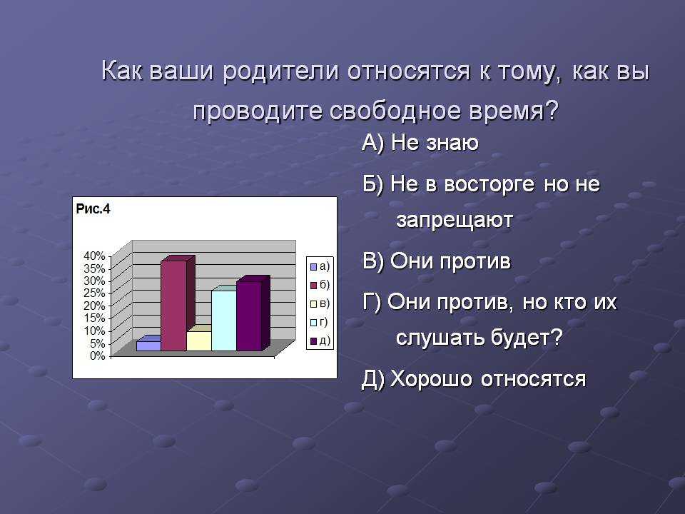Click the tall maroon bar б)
174,305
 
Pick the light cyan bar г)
223,320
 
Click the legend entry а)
320,266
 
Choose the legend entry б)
320,285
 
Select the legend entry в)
320,303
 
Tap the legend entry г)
319,322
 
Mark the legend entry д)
320,341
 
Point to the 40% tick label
94,256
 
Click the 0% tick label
98,356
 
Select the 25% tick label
94,293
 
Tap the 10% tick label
94,331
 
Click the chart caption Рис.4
93,209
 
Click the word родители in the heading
281,71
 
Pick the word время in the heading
514,111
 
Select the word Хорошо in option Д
431,379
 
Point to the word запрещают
455,221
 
